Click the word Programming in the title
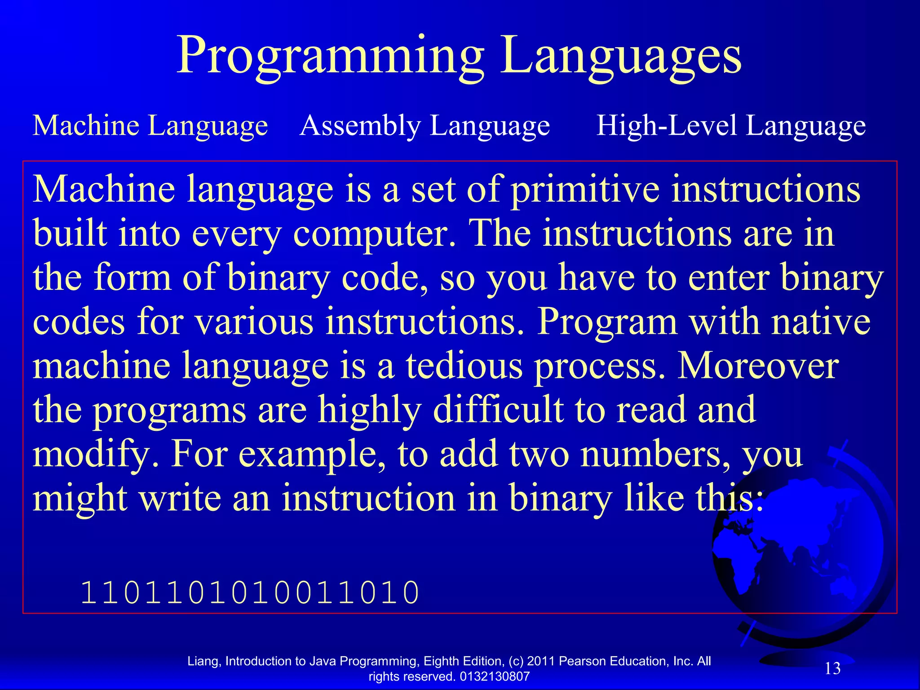(330, 56)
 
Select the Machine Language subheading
(150, 125)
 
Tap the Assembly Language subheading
(425, 125)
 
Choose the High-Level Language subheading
(731, 125)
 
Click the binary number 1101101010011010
(250, 593)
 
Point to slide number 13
(832, 668)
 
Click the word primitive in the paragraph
(585, 190)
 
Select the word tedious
(464, 366)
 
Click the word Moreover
(758, 366)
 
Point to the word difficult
(498, 409)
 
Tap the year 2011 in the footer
(541, 661)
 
